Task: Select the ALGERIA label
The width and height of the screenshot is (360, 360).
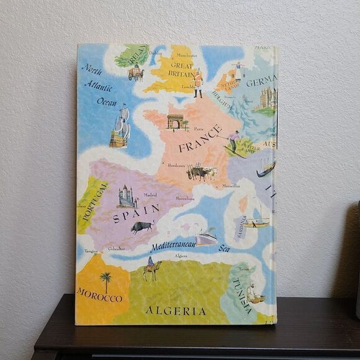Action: (176, 310)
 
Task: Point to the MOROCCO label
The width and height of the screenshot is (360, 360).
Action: (99, 295)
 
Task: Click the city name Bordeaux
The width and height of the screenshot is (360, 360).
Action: (177, 165)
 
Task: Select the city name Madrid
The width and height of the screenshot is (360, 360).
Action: (150, 194)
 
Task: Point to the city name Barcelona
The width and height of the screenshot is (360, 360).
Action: (185, 199)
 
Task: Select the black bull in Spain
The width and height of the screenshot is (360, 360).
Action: (142, 227)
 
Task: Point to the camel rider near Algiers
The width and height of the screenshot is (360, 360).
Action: (152, 269)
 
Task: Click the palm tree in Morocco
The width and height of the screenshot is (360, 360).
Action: (106, 281)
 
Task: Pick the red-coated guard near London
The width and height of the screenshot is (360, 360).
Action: (198, 83)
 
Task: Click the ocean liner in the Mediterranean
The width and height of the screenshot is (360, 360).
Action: (206, 237)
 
